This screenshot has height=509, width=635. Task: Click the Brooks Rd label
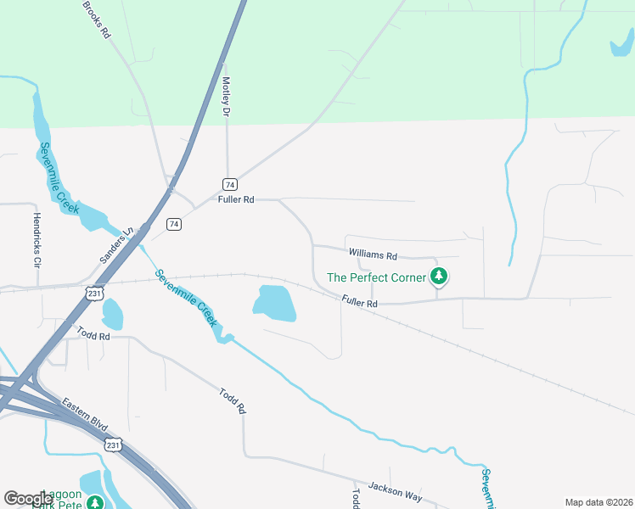click(x=97, y=20)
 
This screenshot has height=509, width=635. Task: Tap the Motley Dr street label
click(x=227, y=98)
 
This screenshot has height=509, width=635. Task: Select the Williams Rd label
click(x=373, y=255)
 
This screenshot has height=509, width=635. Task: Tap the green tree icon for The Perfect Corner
click(x=438, y=276)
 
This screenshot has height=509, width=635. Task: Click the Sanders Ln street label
click(x=118, y=243)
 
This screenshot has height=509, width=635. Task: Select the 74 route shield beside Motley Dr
click(x=229, y=184)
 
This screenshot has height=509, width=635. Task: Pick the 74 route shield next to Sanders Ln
click(x=174, y=224)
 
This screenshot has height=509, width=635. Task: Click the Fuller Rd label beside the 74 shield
click(x=236, y=200)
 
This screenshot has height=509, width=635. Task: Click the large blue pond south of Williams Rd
click(x=274, y=303)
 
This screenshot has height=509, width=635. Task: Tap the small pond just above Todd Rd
click(x=111, y=313)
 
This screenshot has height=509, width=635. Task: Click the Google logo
click(x=29, y=499)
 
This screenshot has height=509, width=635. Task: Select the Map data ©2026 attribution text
click(x=598, y=502)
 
